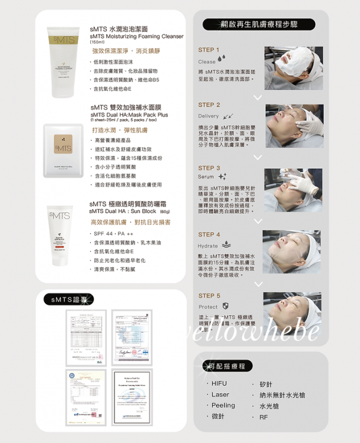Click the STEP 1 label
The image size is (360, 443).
(x=209, y=50)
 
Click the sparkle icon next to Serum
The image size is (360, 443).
(x=223, y=177)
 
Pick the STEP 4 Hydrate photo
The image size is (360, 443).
(x=292, y=252)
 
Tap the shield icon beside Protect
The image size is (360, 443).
(x=225, y=306)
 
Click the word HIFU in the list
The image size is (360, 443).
(x=219, y=383)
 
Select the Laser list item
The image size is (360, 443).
(x=220, y=394)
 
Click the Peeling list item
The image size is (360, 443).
(x=223, y=405)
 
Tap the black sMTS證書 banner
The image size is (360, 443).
(x=69, y=300)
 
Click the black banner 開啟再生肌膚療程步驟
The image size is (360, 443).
(x=259, y=24)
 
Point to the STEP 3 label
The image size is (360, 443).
(x=209, y=168)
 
